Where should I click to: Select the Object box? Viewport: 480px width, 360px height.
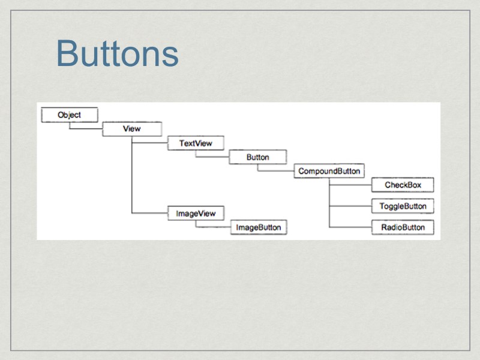coord(69,115)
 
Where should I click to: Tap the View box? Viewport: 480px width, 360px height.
coord(131,129)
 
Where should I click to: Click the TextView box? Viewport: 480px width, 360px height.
coord(195,143)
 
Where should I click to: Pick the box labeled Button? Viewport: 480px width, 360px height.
coord(257,157)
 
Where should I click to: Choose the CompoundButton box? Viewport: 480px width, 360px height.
coord(329,171)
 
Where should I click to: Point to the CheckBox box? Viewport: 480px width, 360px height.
coord(403,185)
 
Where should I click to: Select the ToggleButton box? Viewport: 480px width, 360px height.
coord(403,206)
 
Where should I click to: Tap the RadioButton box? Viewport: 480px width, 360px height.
coord(403,227)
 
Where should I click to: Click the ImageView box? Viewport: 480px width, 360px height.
coord(196,213)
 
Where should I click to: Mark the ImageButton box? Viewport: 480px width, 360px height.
coord(259,227)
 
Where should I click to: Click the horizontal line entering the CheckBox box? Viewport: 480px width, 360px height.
coord(350,185)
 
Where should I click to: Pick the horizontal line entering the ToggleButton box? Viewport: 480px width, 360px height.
coord(350,206)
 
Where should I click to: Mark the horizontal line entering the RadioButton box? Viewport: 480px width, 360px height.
coord(350,227)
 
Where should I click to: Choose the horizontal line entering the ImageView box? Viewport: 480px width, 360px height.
coord(149,213)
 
